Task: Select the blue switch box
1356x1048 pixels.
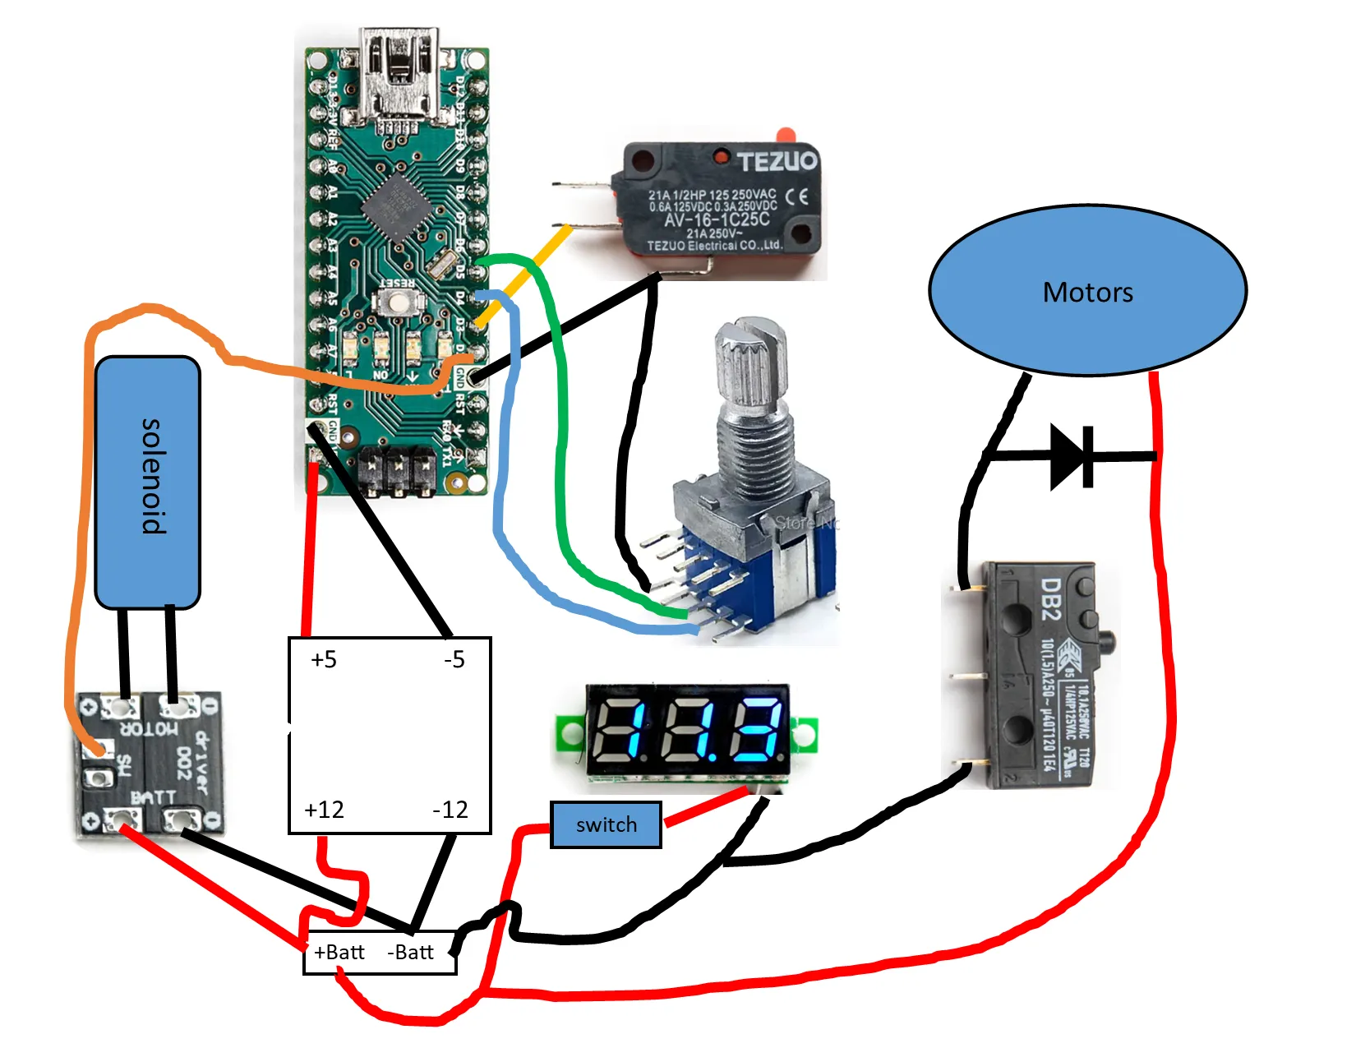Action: click(x=606, y=824)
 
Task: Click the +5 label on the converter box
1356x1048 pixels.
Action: click(x=324, y=659)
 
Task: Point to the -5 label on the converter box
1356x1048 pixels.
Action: click(x=454, y=659)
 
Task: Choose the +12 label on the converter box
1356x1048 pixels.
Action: click(x=324, y=810)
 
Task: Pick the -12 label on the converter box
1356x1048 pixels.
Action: click(x=450, y=810)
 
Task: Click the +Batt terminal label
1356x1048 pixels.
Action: click(x=339, y=952)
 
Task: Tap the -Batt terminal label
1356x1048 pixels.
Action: click(x=410, y=952)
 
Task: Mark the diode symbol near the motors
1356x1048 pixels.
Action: click(x=1072, y=456)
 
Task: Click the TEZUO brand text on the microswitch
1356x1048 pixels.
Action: click(x=777, y=160)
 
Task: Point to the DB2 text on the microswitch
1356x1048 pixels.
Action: click(x=1051, y=598)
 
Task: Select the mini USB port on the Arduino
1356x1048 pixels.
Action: click(x=399, y=74)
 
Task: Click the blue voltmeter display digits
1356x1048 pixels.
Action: click(x=689, y=728)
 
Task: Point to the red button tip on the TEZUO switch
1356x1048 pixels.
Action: click(x=785, y=134)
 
